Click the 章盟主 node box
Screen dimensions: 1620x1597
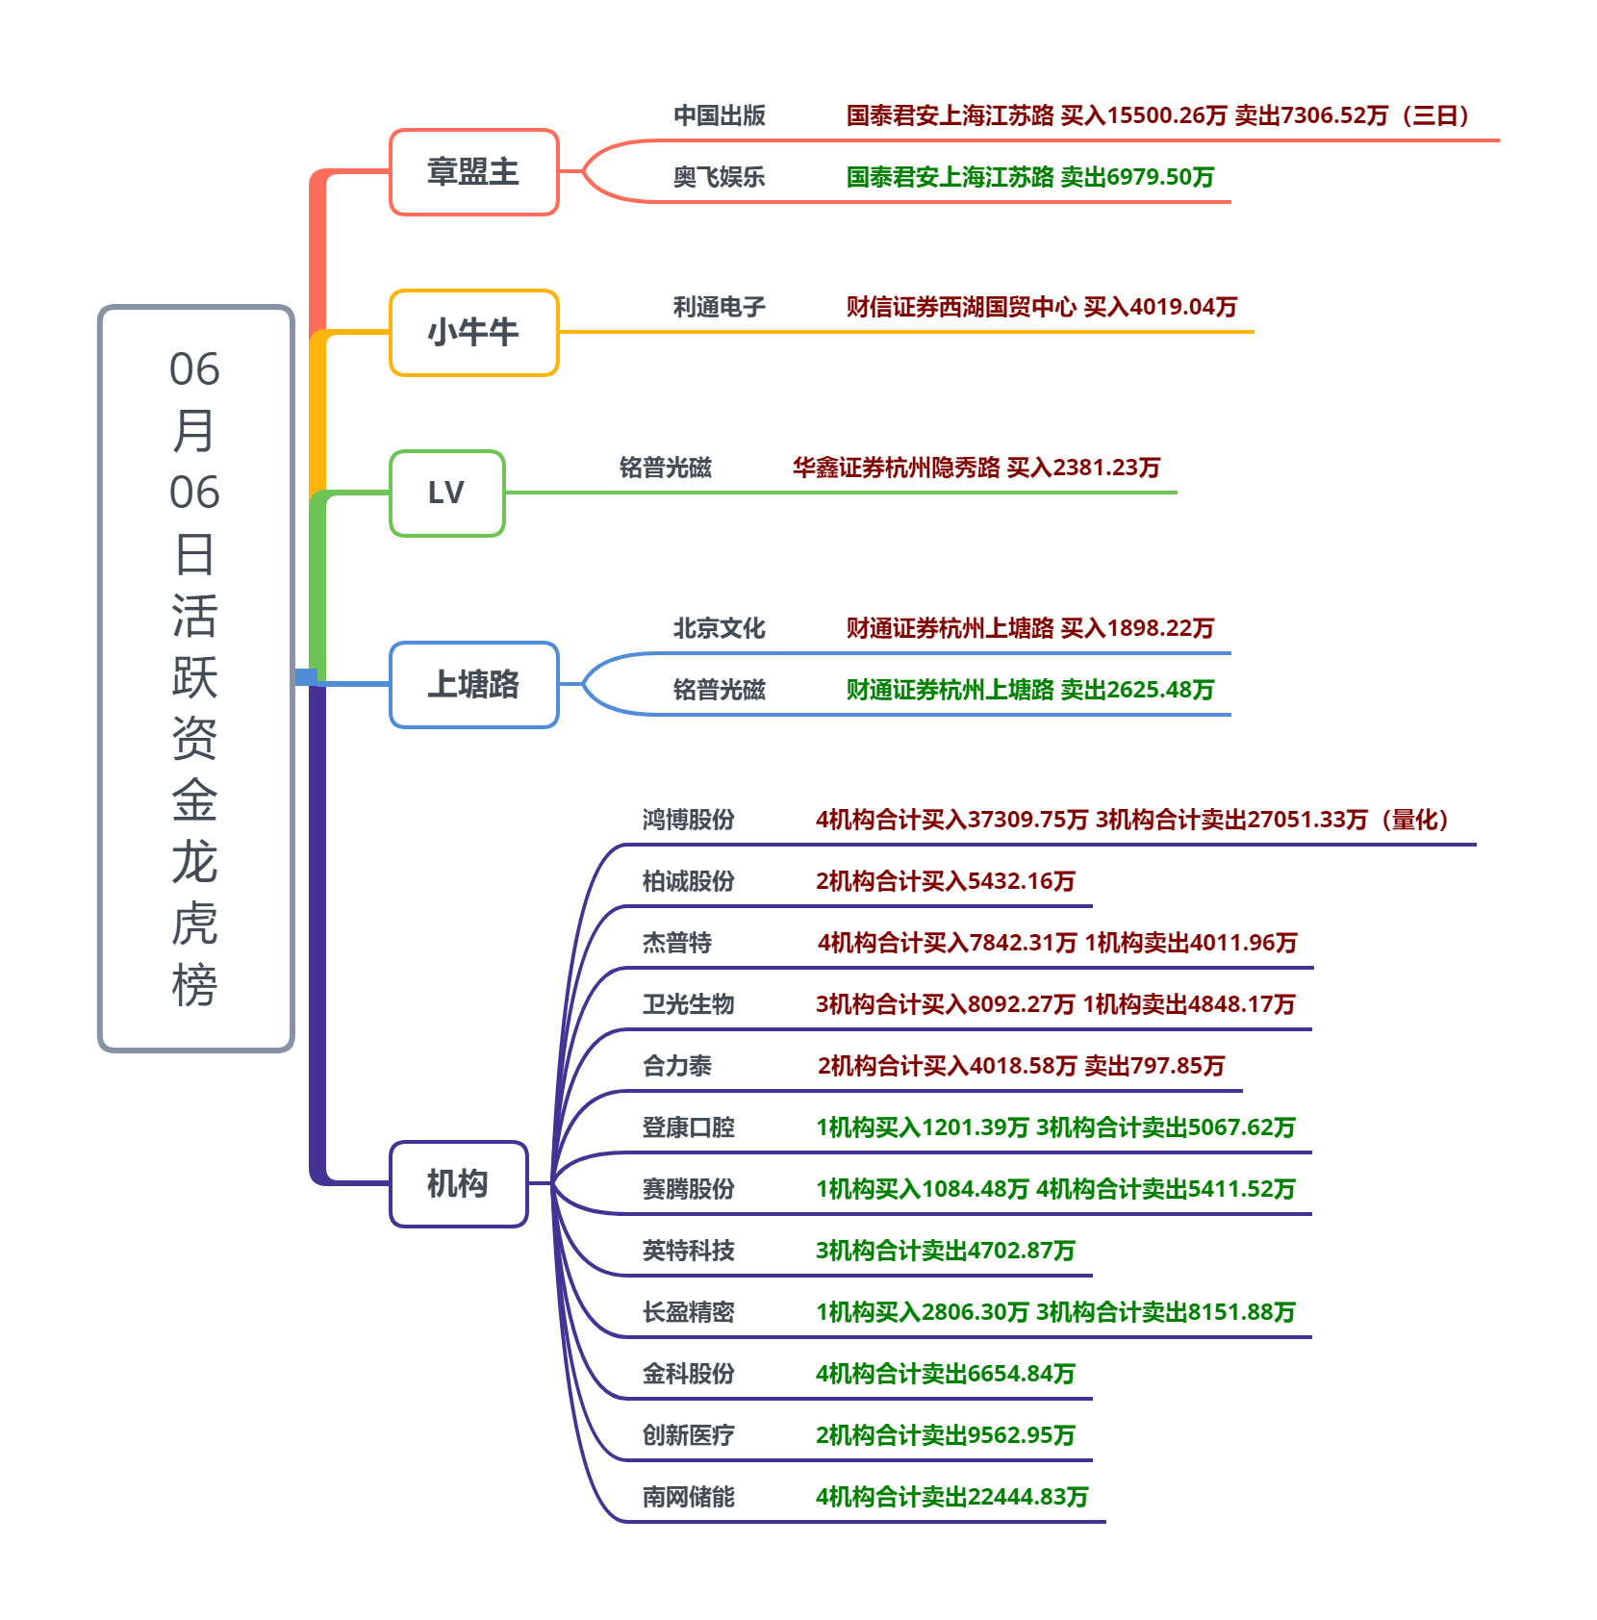(x=473, y=172)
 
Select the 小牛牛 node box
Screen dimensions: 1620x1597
(x=473, y=333)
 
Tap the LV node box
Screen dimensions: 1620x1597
(x=446, y=494)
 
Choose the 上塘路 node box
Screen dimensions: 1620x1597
(x=473, y=685)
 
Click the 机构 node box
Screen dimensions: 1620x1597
(x=458, y=1184)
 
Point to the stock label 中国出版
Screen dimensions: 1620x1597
(x=719, y=116)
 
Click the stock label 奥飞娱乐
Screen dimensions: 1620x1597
(x=719, y=178)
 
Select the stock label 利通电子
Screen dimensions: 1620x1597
(x=719, y=308)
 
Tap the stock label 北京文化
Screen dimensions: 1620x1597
(x=719, y=629)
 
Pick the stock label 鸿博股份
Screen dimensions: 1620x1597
(x=688, y=821)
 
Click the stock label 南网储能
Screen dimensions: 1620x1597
(x=688, y=1498)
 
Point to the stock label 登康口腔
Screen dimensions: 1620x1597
(x=688, y=1128)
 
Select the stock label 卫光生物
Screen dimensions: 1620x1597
(x=688, y=1005)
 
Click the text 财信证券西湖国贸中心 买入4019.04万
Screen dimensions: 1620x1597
(x=1041, y=308)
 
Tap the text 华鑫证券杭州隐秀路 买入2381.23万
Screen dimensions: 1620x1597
(x=976, y=468)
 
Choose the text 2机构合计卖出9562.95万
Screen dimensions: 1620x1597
(x=945, y=1436)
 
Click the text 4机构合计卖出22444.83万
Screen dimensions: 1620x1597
(x=951, y=1498)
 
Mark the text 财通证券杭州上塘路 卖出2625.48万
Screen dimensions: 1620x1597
(x=1029, y=691)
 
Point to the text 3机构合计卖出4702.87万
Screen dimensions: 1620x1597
(x=945, y=1252)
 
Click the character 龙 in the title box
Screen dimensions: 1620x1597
(x=194, y=862)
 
